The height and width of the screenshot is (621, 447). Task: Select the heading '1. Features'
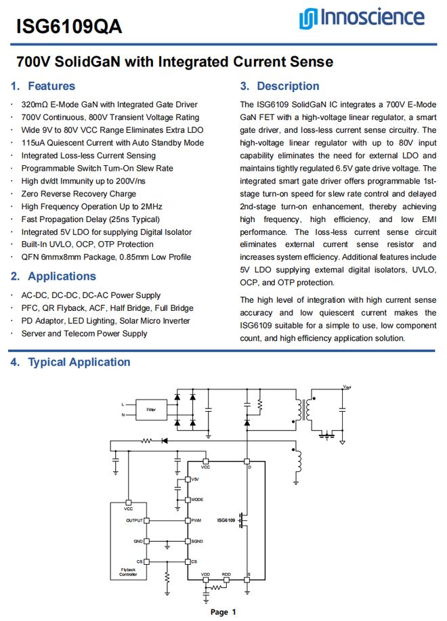pos(43,86)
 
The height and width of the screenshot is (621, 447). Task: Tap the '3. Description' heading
pos(280,86)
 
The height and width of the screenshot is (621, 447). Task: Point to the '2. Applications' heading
pos(54,276)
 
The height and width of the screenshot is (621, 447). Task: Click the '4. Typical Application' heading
pos(70,362)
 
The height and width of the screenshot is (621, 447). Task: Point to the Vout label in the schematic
pos(347,387)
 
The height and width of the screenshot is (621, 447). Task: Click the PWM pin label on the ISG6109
pos(197,521)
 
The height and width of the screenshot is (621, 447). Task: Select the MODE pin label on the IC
pos(198,500)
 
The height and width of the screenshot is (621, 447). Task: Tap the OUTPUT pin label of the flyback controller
pos(134,520)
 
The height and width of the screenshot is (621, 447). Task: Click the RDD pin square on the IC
pos(227,580)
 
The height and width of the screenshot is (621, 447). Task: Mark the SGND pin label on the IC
pos(198,542)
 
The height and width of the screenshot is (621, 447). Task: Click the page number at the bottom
pos(223,612)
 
